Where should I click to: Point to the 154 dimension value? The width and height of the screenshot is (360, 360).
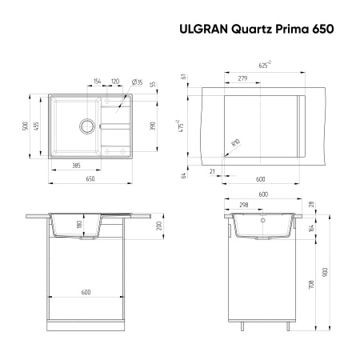pos(98,82)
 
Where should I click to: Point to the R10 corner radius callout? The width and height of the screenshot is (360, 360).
pos(235,143)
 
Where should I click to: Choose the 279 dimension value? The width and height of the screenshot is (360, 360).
pos(242,78)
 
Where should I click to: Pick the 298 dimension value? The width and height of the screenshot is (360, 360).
pos(242,205)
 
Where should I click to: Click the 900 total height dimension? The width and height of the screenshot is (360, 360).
pos(326,270)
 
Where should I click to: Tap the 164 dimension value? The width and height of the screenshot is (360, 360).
pos(312,228)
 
